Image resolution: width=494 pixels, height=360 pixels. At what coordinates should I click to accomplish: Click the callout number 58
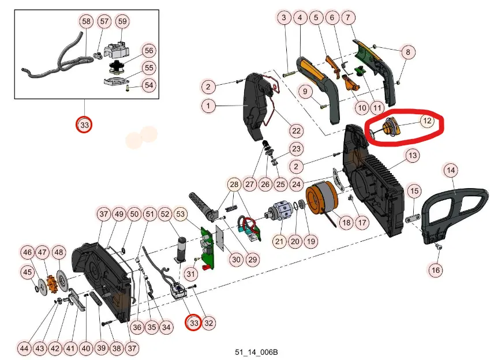[x=86, y=21]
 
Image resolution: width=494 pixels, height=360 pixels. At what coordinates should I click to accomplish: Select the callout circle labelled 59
[x=122, y=21]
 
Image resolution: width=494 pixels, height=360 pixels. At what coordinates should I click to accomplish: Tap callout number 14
[x=451, y=170]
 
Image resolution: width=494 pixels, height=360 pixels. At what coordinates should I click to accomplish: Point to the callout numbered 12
[x=426, y=121]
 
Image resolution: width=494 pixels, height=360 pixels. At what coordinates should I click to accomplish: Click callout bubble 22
[x=296, y=130]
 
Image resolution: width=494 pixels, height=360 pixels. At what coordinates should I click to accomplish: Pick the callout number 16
[x=436, y=269]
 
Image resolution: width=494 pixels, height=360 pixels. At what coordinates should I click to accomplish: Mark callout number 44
[x=24, y=348]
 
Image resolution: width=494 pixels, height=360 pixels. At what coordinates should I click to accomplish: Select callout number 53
[x=181, y=215]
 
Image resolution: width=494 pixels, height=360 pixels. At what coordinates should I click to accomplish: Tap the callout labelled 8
[x=408, y=52]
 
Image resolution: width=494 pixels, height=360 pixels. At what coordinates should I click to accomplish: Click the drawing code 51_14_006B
[x=253, y=351]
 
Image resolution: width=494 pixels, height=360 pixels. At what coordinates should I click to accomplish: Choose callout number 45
[x=27, y=272]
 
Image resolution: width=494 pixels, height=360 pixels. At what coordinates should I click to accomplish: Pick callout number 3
[x=283, y=18]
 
